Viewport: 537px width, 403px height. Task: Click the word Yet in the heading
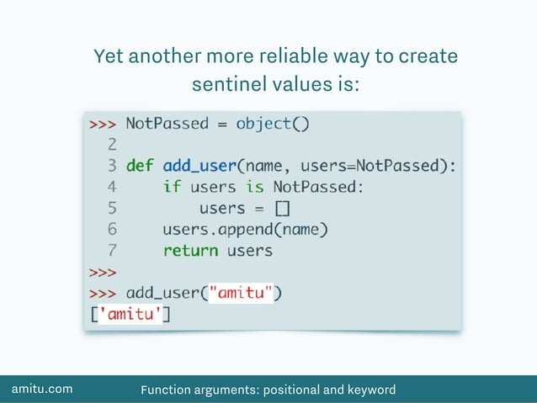110,57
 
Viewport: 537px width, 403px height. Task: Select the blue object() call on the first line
273,124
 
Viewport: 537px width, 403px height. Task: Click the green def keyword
141,166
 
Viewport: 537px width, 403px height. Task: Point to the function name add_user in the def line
199,166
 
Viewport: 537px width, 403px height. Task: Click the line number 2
111,145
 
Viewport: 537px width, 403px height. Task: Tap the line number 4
111,187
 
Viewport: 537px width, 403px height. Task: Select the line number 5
111,208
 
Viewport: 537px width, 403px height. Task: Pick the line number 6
111,229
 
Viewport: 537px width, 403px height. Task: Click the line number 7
111,250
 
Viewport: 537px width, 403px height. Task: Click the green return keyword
190,250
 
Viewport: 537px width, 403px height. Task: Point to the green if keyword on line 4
172,187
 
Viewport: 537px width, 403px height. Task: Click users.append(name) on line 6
245,229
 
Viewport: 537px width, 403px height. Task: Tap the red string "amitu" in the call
241,293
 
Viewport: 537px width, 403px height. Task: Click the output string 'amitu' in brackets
131,315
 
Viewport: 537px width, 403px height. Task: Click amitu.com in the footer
41,389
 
